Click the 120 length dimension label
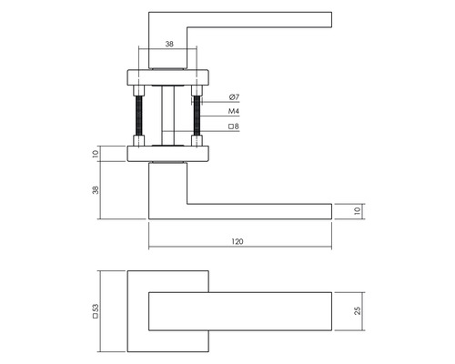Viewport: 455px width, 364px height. tap(239, 242)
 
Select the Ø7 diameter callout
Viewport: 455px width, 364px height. tap(234, 97)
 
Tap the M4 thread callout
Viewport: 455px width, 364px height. tap(234, 113)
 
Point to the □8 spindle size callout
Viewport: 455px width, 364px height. tap(234, 128)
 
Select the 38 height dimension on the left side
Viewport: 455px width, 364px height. tap(96, 189)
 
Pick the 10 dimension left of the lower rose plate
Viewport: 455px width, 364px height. tap(96, 154)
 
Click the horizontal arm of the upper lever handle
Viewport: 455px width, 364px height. tap(264, 21)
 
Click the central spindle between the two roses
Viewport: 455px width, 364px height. tap(167, 114)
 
